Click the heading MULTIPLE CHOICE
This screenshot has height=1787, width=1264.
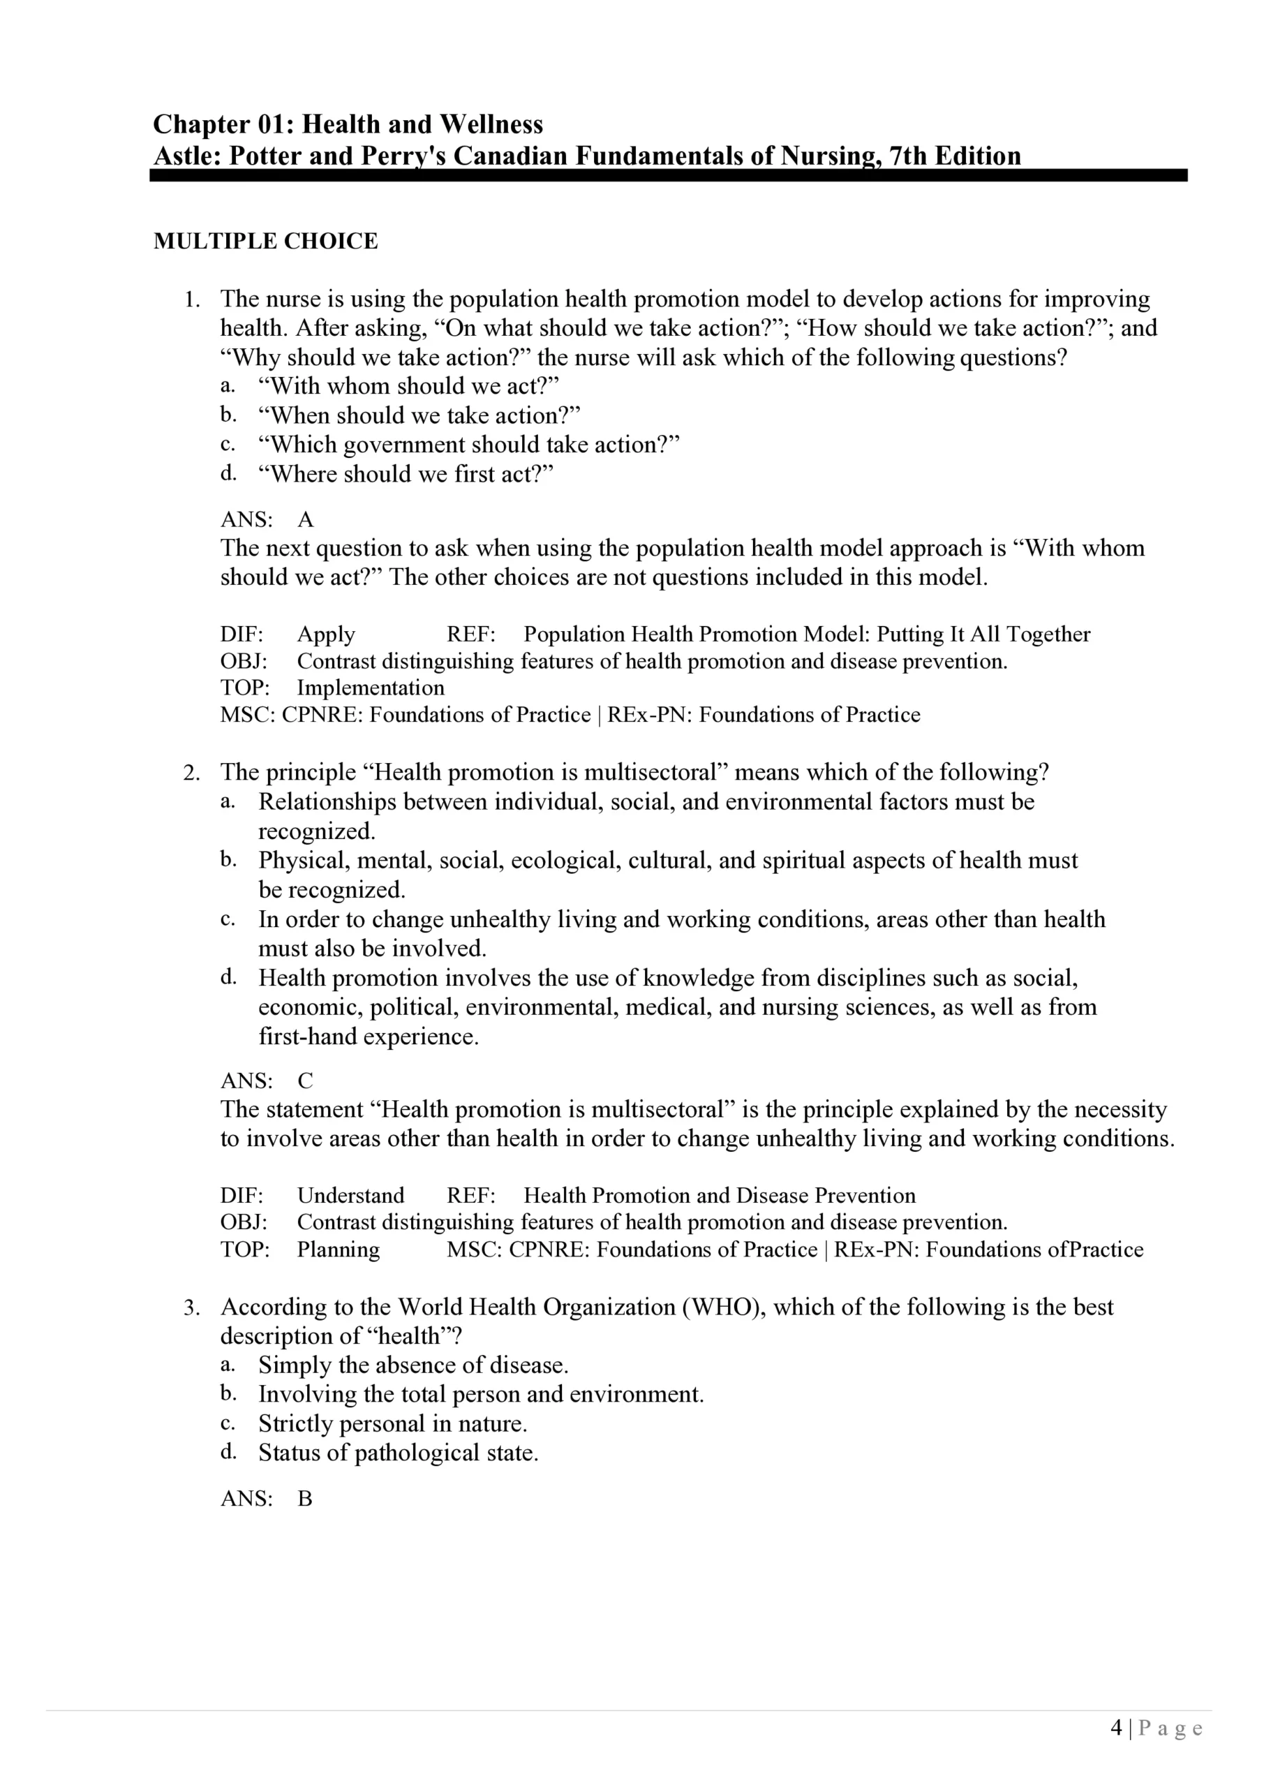[x=265, y=242]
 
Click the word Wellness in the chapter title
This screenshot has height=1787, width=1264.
[x=491, y=124]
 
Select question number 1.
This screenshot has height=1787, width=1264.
[x=191, y=299]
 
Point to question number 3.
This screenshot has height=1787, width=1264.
[x=191, y=1307]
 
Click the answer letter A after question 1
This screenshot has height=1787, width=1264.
[x=305, y=520]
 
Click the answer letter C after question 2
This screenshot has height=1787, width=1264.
[x=305, y=1081]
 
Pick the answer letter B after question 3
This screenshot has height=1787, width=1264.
[x=305, y=1498]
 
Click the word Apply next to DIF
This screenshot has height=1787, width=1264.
[x=325, y=635]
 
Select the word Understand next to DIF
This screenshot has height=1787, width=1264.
[x=350, y=1196]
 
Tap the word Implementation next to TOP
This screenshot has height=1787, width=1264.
[x=371, y=688]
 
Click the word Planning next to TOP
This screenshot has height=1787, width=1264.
[x=338, y=1250]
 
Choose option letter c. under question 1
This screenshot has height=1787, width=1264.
[x=228, y=445]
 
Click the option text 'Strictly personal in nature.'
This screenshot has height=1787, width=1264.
[x=392, y=1423]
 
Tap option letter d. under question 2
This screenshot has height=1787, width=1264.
[x=228, y=977]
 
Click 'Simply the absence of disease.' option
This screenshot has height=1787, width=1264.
[x=413, y=1365]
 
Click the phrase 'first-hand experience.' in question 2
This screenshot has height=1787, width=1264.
[x=368, y=1037]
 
